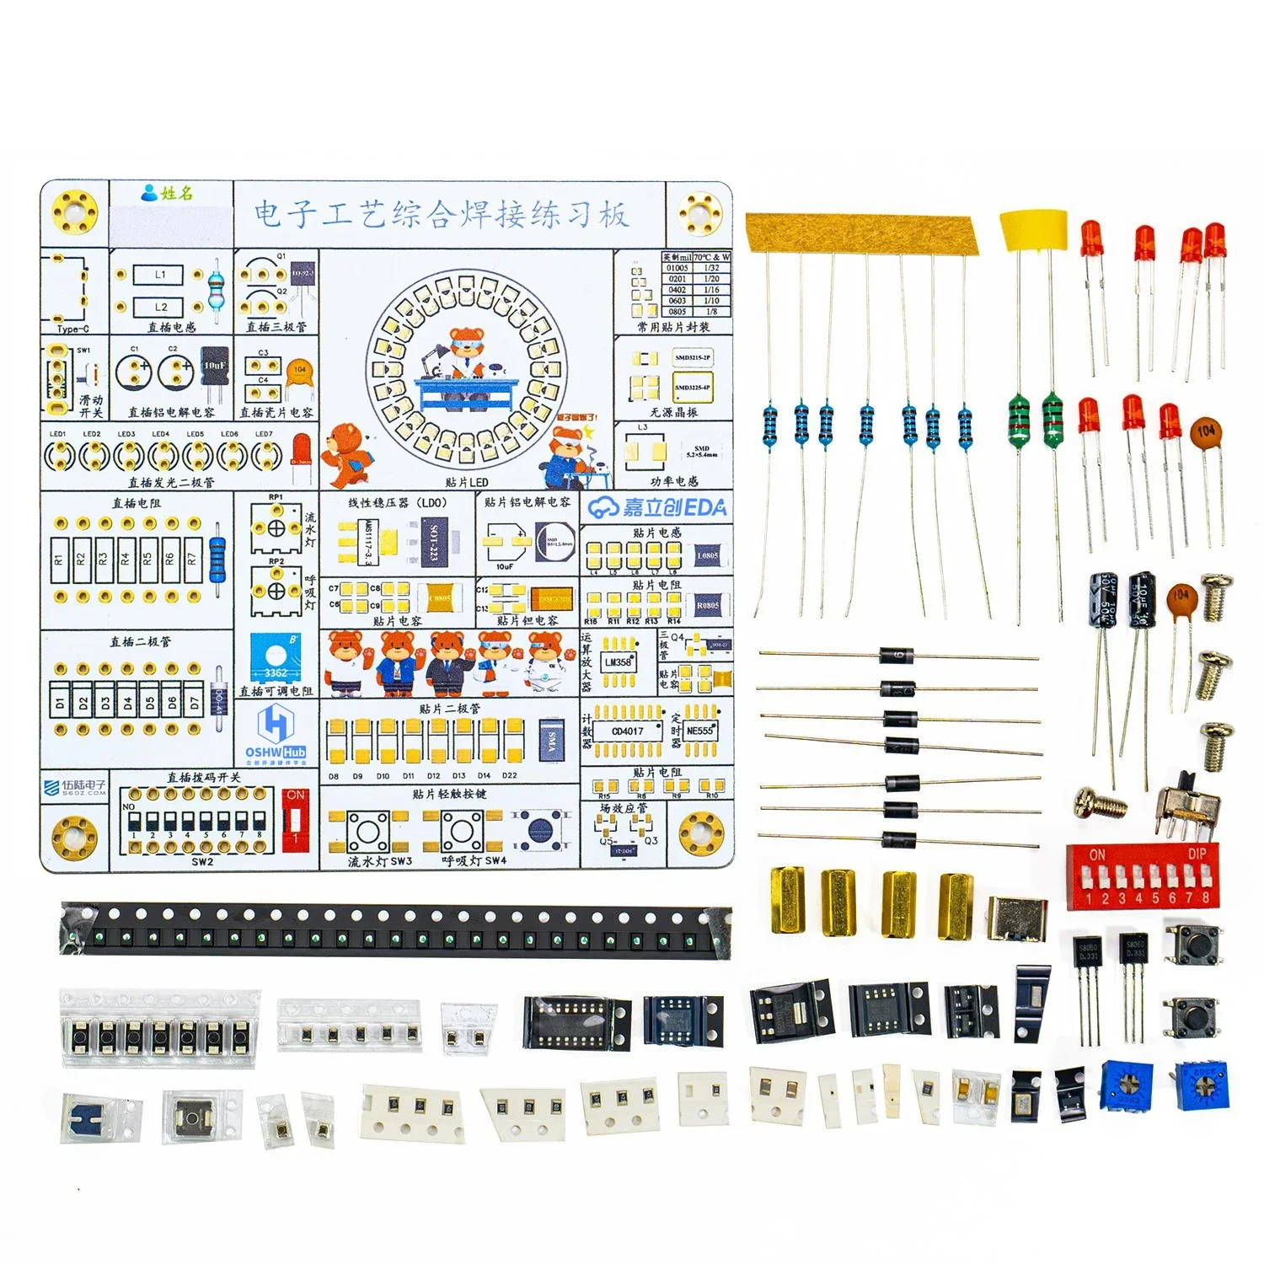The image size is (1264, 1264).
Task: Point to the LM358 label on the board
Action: coord(618,662)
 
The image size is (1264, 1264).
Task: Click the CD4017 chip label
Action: coord(627,731)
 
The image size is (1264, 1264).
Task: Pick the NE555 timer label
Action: coord(699,731)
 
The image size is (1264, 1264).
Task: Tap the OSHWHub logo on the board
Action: coord(275,733)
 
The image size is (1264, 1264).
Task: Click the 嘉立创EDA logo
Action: coord(657,506)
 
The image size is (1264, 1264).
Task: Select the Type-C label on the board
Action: coord(73,329)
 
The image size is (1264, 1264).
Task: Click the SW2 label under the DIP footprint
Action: coord(202,862)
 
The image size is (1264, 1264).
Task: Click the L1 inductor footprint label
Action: coord(161,275)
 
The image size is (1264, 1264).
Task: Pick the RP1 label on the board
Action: coord(276,498)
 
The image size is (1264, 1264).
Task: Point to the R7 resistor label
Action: coord(192,558)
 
